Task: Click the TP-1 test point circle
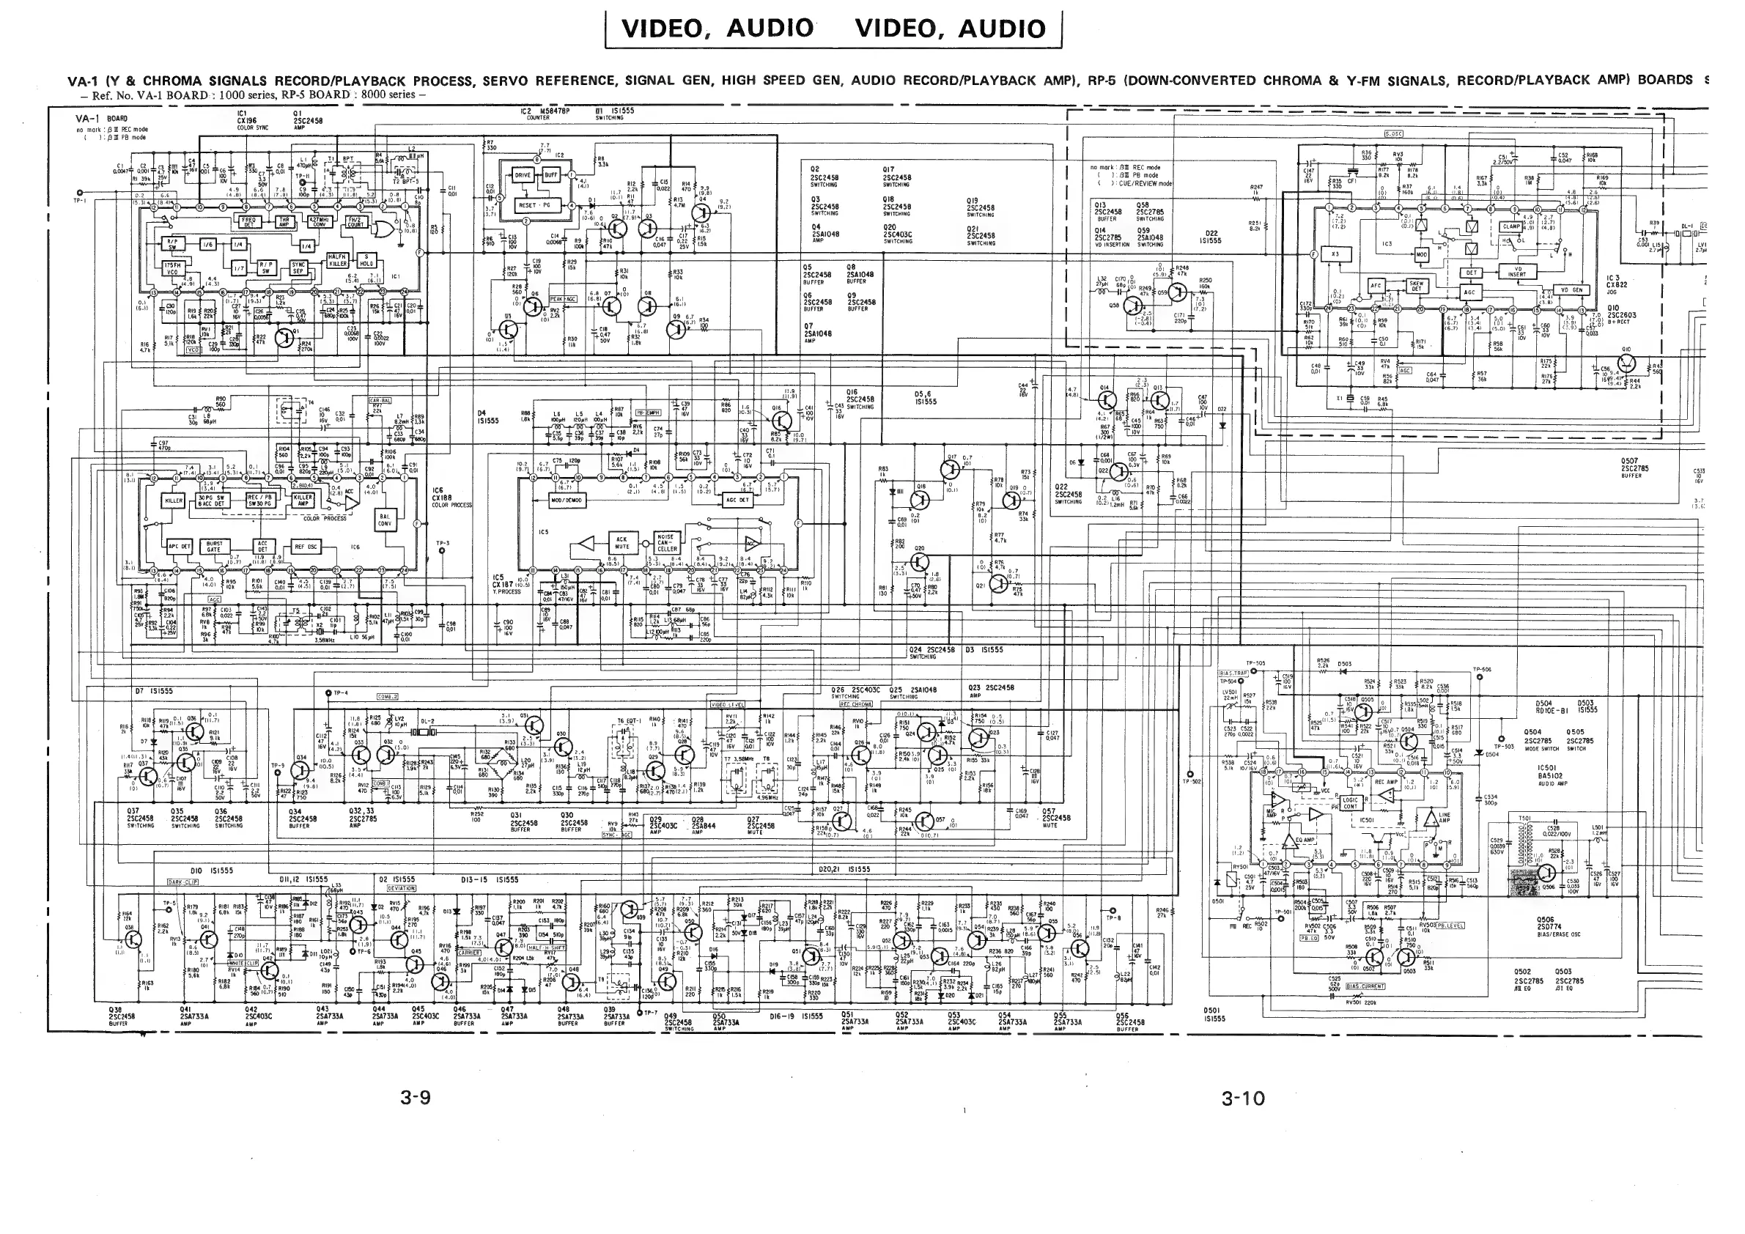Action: (80, 193)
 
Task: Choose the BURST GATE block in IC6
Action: (214, 547)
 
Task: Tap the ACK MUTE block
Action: (622, 542)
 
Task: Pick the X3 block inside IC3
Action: (1335, 254)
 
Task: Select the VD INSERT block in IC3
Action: (1516, 272)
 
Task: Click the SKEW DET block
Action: (1417, 287)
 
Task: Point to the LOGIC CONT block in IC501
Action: (1350, 802)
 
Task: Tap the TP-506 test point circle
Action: (1481, 677)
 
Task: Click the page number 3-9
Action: (416, 1097)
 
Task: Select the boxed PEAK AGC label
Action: (563, 299)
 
